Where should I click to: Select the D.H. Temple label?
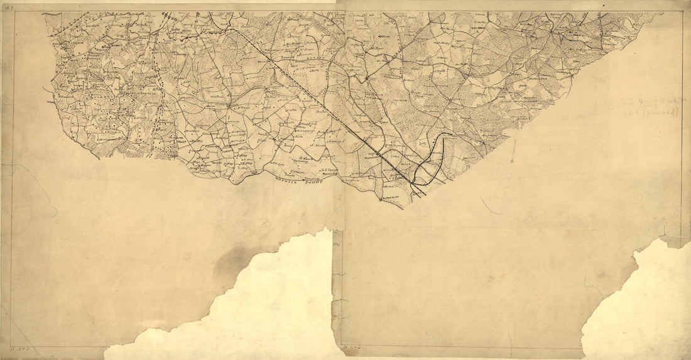click(x=330, y=170)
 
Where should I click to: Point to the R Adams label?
click(x=308, y=158)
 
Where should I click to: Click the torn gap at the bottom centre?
click(x=276, y=302)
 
